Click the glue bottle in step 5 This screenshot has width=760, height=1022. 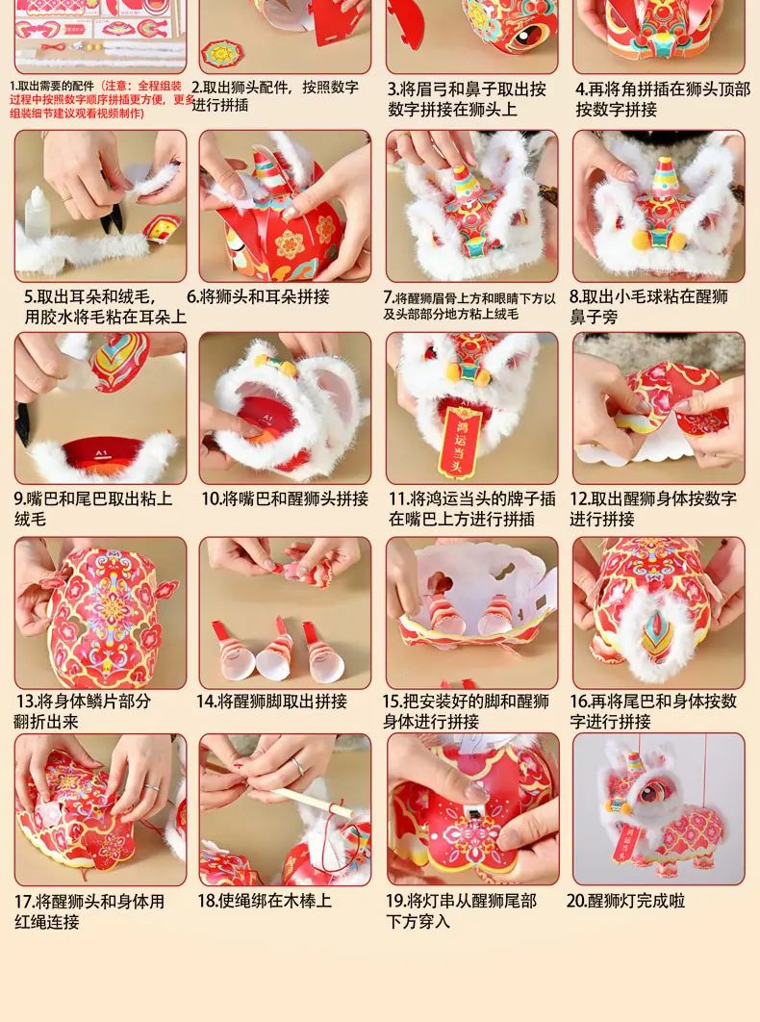tap(38, 213)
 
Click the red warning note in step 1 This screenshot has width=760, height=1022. tap(100, 99)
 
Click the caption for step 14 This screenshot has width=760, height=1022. tap(272, 702)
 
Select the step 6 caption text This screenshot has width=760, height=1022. tap(258, 296)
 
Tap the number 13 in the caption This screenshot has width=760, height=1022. tap(26, 702)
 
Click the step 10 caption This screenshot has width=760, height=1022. tap(285, 498)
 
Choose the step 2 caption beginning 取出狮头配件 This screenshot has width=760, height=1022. tap(274, 96)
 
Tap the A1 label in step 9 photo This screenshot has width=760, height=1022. tap(101, 453)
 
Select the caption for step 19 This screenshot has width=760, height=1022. tap(461, 910)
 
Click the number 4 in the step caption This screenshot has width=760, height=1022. tap(581, 89)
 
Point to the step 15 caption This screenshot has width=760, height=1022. tap(466, 711)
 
